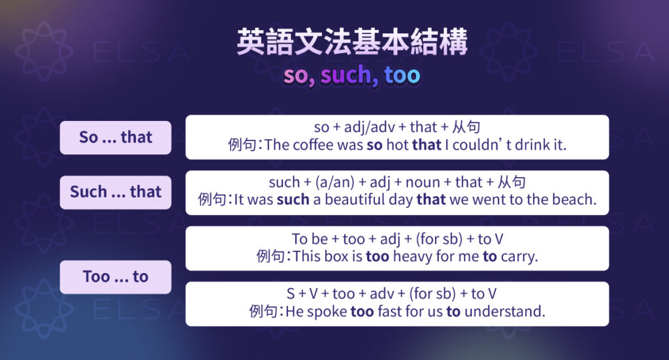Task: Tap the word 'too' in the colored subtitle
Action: [402, 76]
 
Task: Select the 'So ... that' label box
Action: [116, 137]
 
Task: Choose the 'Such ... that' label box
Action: [116, 192]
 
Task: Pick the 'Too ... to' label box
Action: [116, 277]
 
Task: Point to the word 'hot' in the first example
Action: [397, 145]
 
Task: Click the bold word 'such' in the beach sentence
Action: [293, 200]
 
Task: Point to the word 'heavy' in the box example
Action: [412, 257]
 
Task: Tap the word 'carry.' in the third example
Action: [519, 257]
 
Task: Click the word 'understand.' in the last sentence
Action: [504, 312]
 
